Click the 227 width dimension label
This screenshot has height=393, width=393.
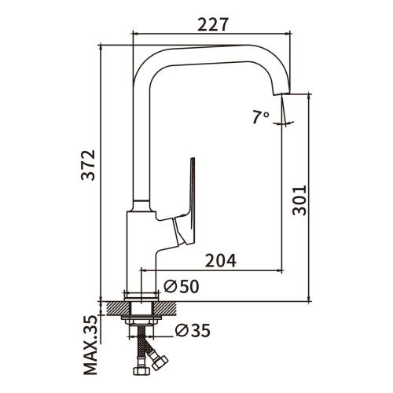[213, 24]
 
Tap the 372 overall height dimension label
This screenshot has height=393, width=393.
[88, 165]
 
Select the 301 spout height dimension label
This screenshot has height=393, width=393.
[299, 200]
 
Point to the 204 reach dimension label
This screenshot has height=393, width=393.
[221, 260]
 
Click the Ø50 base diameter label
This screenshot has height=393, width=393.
[182, 286]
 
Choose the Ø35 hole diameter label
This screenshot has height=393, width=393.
[193, 331]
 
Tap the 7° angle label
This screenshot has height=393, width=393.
[261, 117]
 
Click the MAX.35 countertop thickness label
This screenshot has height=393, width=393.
[90, 346]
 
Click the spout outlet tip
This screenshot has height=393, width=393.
[281, 94]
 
